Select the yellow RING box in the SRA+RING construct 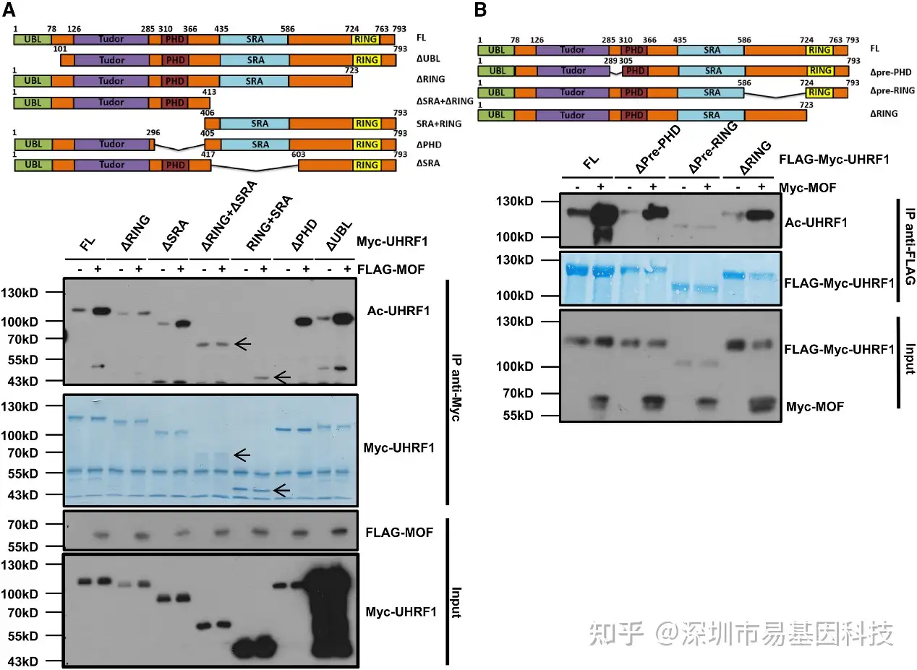click(x=367, y=124)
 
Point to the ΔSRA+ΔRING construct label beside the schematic click(x=444, y=103)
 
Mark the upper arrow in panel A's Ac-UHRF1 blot click(x=245, y=345)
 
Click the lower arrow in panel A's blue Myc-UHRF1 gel click(x=281, y=491)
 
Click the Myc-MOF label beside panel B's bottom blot click(x=815, y=408)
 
